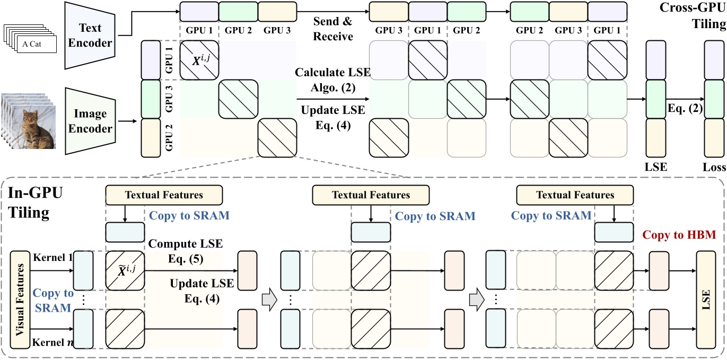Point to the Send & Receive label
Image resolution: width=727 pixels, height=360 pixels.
point(332,30)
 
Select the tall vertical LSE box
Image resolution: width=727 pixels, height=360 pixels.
point(705,300)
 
